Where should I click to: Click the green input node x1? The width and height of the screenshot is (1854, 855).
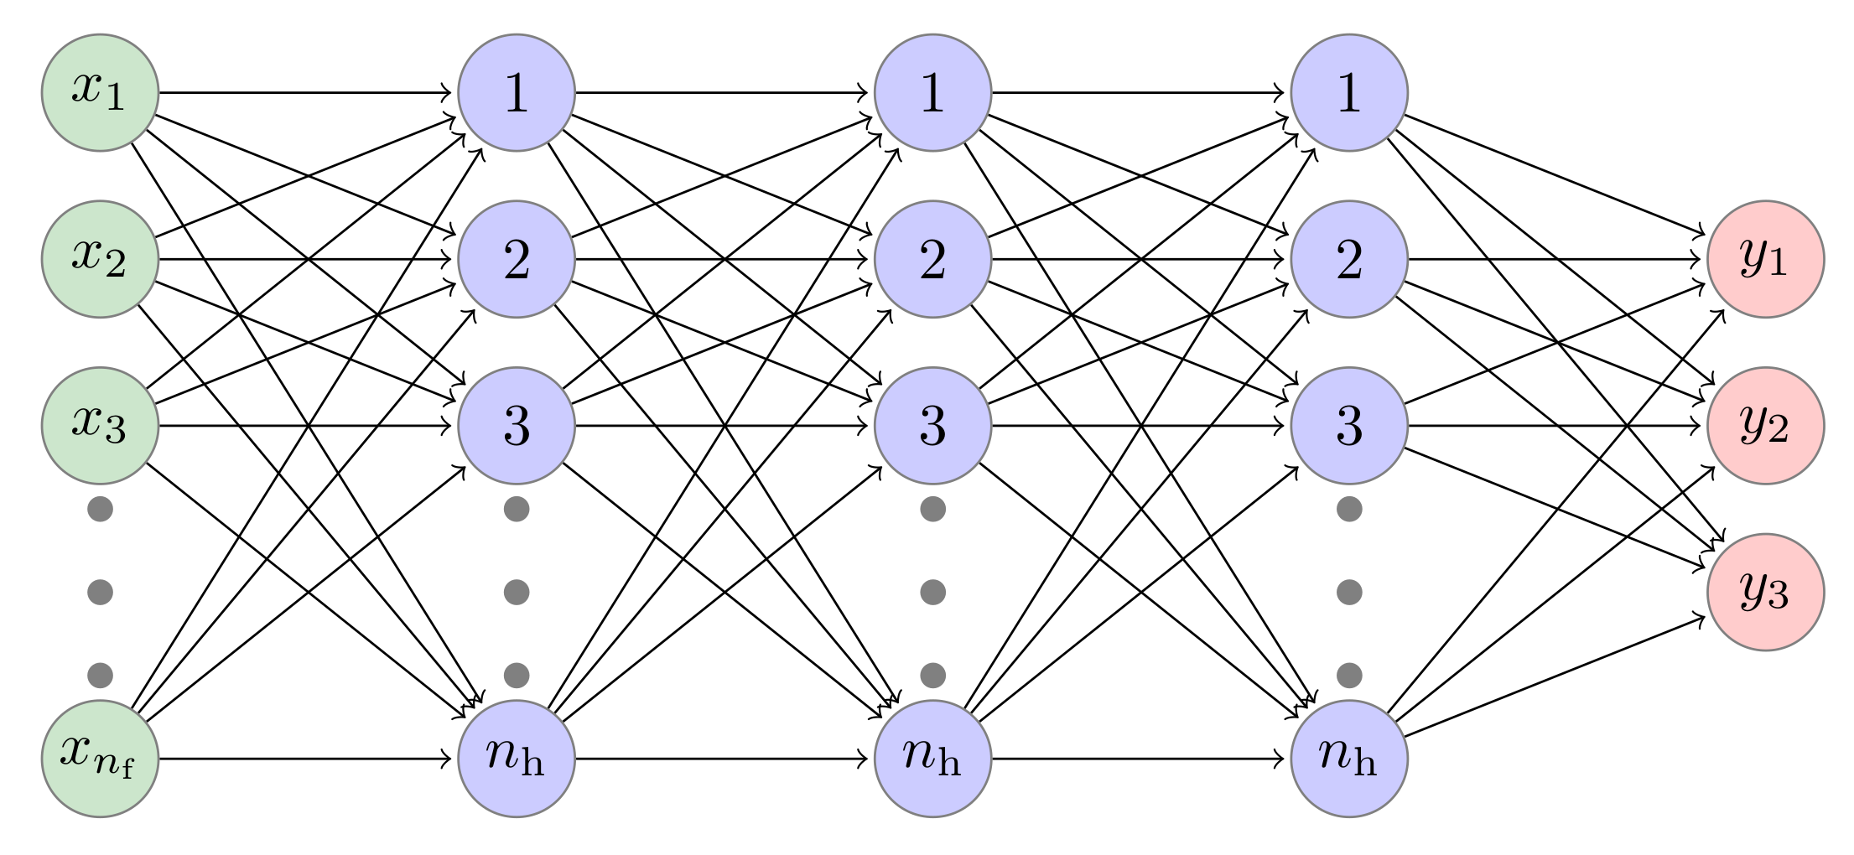tap(100, 92)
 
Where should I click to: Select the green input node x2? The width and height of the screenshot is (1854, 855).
tap(100, 259)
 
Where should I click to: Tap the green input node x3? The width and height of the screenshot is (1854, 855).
tap(100, 425)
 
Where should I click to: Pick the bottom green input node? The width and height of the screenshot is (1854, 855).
tap(100, 759)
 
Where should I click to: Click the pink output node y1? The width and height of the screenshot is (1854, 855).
tap(1765, 259)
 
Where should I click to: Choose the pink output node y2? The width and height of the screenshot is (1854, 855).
tap(1765, 425)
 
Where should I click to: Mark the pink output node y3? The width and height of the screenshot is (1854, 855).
tap(1765, 592)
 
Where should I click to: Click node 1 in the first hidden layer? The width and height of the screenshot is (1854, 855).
tap(517, 92)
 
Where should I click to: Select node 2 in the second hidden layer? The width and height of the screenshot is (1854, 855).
tap(932, 259)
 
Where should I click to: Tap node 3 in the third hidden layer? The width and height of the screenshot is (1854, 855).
tap(1349, 425)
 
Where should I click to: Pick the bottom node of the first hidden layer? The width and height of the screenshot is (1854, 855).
tap(517, 759)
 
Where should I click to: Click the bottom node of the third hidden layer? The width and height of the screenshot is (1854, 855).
tap(1349, 759)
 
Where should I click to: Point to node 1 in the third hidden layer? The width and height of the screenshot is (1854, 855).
tap(1349, 92)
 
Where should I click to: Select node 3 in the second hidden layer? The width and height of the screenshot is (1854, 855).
tap(932, 425)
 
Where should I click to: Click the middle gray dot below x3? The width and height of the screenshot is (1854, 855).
tap(100, 592)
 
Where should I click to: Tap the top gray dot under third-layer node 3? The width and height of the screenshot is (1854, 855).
tap(1349, 509)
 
